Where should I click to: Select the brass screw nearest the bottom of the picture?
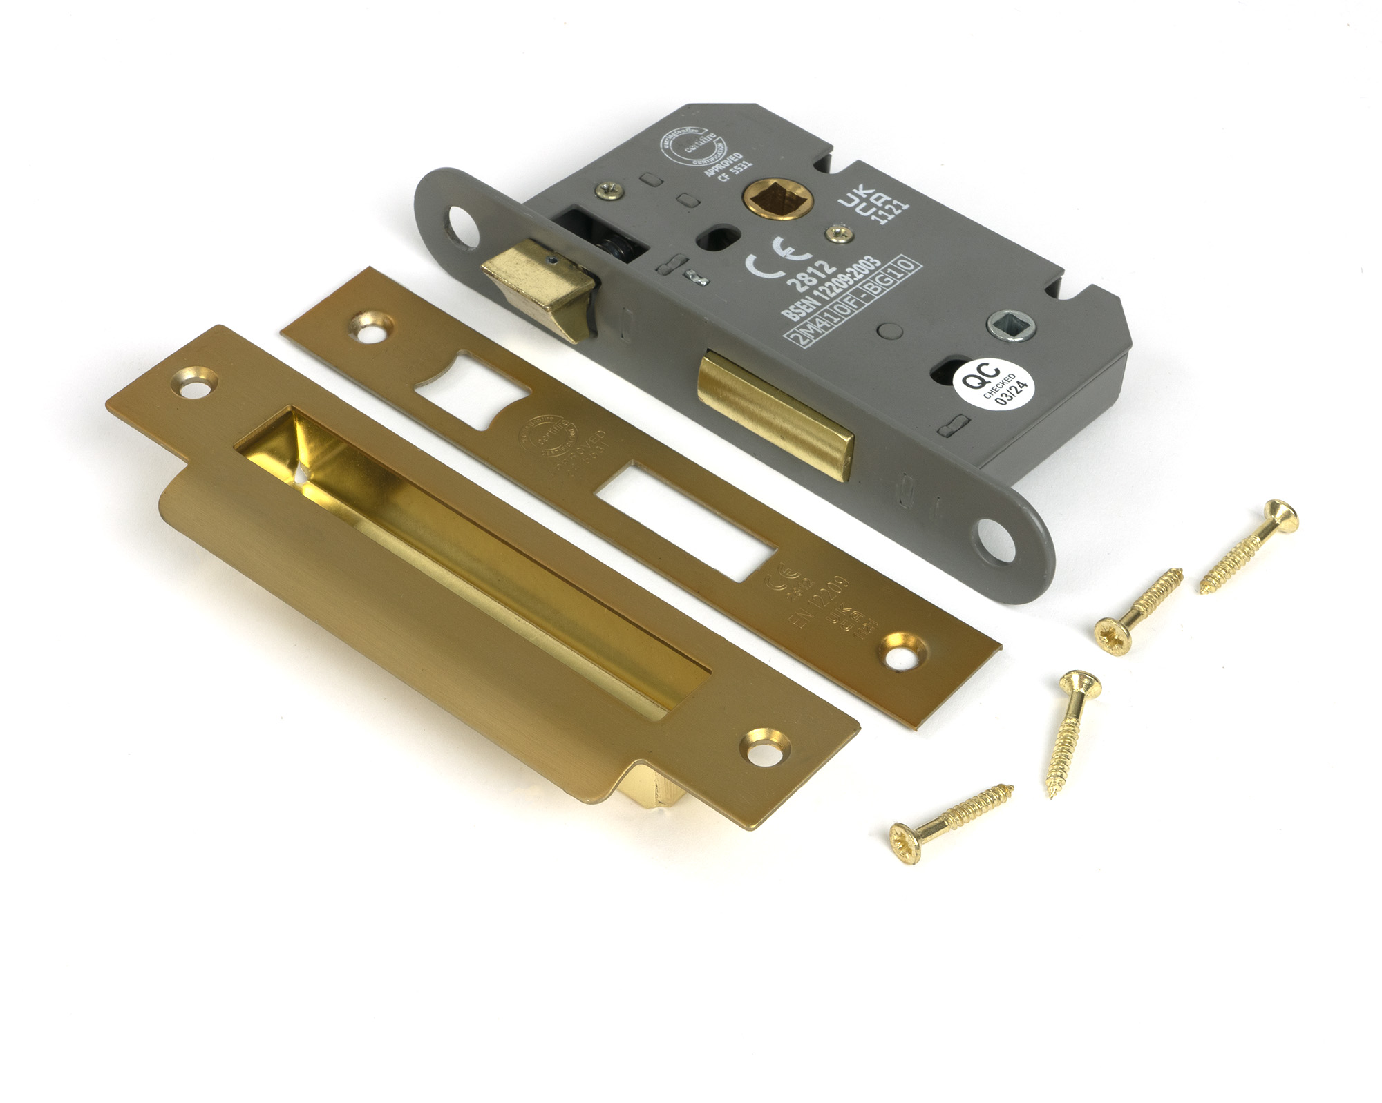pos(950,822)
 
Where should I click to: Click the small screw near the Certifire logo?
pos(612,187)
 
